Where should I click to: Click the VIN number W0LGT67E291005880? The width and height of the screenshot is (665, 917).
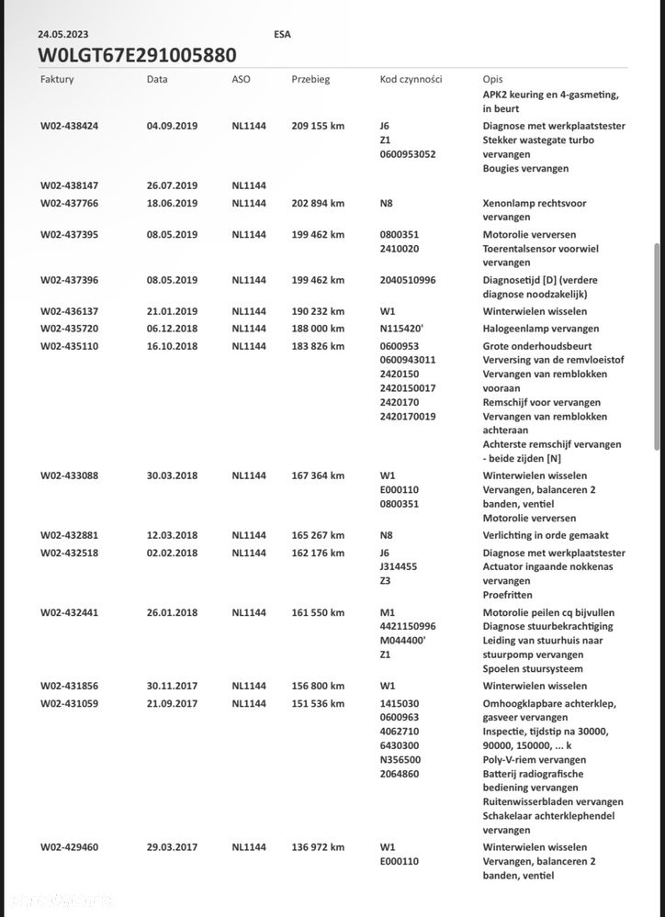[137, 55]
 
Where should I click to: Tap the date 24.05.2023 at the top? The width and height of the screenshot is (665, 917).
[62, 34]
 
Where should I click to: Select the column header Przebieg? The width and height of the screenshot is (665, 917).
[310, 80]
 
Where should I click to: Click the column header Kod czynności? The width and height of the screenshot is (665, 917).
[411, 80]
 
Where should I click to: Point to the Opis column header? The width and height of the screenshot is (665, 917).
[492, 80]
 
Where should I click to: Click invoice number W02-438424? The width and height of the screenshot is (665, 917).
[69, 126]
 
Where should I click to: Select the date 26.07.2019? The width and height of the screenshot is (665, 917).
[172, 185]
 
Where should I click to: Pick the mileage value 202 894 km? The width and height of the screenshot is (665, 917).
[318, 203]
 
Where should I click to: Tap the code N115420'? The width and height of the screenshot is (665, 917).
[403, 329]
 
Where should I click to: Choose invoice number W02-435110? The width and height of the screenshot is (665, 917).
[69, 346]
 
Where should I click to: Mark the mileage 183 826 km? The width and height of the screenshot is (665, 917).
[318, 346]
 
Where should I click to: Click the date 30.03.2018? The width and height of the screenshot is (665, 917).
[172, 475]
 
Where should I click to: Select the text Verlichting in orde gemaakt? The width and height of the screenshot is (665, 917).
[546, 535]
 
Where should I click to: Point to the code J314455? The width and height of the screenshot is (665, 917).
[399, 567]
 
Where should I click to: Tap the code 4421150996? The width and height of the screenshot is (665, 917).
[408, 627]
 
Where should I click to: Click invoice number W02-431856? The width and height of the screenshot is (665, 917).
[69, 686]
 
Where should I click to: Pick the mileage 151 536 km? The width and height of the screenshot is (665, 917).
[318, 704]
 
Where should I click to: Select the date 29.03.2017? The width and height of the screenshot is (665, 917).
[172, 847]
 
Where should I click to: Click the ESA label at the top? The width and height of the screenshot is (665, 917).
[283, 34]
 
